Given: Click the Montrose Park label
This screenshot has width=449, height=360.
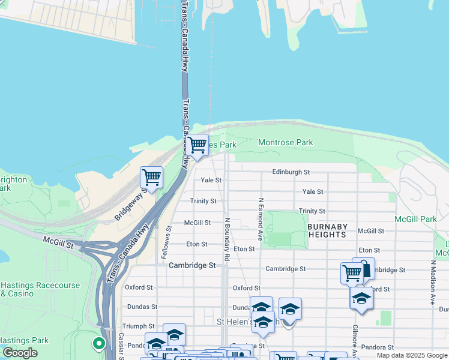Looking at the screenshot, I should click(286, 143).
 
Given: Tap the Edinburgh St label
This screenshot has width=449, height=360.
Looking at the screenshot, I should click(291, 172).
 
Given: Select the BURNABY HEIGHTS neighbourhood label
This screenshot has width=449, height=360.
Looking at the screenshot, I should click(327, 230).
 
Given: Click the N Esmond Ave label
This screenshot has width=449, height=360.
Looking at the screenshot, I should click(261, 220).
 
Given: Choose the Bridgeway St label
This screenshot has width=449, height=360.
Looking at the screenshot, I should click(131, 203).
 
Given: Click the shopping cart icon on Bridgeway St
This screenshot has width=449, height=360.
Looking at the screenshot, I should click(151, 178).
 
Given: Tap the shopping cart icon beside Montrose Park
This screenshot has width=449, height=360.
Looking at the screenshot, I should click(197, 145).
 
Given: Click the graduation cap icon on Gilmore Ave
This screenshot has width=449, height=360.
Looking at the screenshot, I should click(361, 298).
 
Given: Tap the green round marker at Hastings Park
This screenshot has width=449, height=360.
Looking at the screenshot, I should click(98, 344).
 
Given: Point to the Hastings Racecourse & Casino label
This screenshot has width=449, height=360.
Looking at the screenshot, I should click(40, 289).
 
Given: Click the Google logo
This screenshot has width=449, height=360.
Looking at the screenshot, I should click(20, 353).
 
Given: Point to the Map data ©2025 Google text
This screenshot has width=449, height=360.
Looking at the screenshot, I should click(412, 356).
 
